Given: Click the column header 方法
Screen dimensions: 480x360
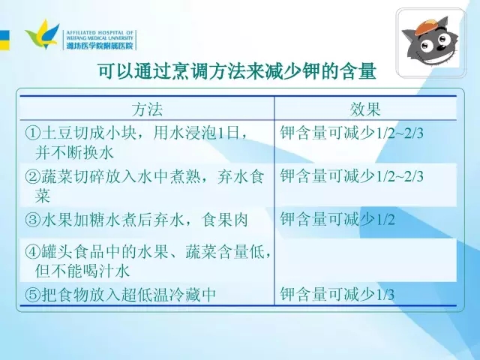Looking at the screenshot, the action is click(x=147, y=109).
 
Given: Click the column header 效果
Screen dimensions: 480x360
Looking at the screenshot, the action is click(x=365, y=109).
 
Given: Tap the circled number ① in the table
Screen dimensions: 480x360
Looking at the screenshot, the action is click(x=33, y=133).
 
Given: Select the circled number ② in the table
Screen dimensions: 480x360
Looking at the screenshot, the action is click(x=33, y=177).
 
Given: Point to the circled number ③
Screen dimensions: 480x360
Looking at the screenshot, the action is click(x=33, y=220).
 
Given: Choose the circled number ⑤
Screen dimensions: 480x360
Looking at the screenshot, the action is click(x=33, y=295).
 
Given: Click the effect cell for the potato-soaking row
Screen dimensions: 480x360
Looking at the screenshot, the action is click(x=352, y=133).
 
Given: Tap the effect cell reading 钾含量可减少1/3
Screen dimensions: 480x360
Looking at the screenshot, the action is click(x=337, y=294).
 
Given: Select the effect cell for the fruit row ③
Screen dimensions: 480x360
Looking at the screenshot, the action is click(x=337, y=219).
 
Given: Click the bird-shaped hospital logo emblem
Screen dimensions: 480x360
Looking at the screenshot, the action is click(x=43, y=34).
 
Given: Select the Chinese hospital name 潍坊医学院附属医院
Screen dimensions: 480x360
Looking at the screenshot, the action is click(x=100, y=46).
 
